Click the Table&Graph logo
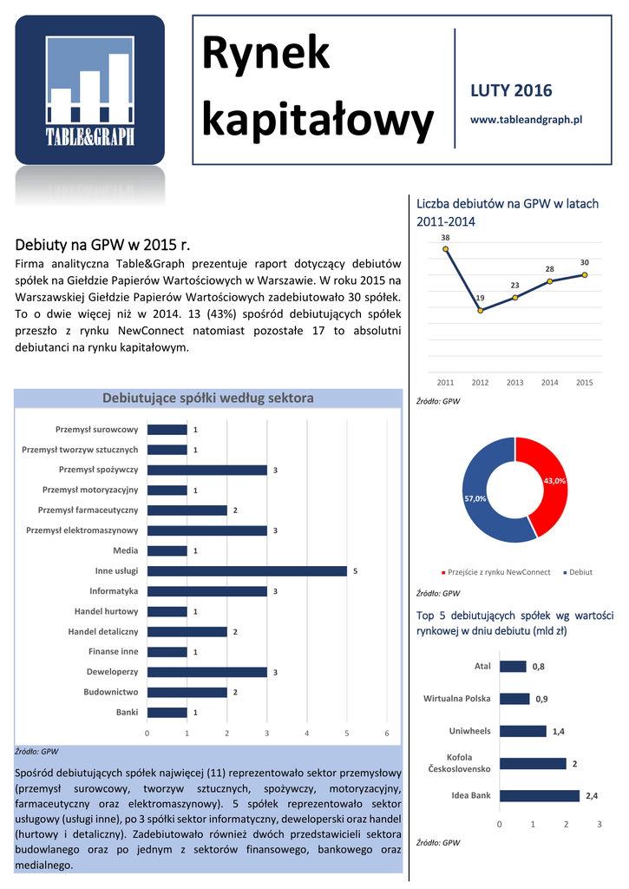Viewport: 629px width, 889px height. pyautogui.click(x=89, y=90)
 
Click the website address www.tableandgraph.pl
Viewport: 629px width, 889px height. pyautogui.click(x=526, y=119)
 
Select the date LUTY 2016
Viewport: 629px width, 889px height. pyautogui.click(x=511, y=91)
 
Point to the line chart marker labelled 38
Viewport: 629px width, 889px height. pyautogui.click(x=446, y=248)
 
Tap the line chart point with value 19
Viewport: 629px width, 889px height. pyautogui.click(x=481, y=310)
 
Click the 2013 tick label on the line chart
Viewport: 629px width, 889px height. pyautogui.click(x=514, y=383)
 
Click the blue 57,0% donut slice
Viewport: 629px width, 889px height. pyautogui.click(x=482, y=495)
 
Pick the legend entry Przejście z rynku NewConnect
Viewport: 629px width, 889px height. pyautogui.click(x=499, y=572)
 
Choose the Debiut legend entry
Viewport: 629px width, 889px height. pyautogui.click(x=580, y=572)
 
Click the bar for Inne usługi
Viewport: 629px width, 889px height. pyautogui.click(x=247, y=571)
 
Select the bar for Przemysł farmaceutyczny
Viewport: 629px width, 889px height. pyautogui.click(x=187, y=510)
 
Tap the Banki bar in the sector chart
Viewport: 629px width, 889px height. pyautogui.click(x=167, y=713)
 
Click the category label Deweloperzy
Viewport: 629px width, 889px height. pyautogui.click(x=112, y=672)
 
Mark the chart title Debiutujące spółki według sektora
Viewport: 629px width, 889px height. pyautogui.click(x=208, y=398)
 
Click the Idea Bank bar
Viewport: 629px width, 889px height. pyautogui.click(x=540, y=795)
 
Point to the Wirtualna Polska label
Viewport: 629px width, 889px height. pyautogui.click(x=456, y=698)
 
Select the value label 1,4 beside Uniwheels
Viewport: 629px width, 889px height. pyautogui.click(x=558, y=732)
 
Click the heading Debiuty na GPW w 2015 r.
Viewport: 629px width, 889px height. pyautogui.click(x=102, y=243)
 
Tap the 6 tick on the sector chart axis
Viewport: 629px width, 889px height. pyautogui.click(x=387, y=734)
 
